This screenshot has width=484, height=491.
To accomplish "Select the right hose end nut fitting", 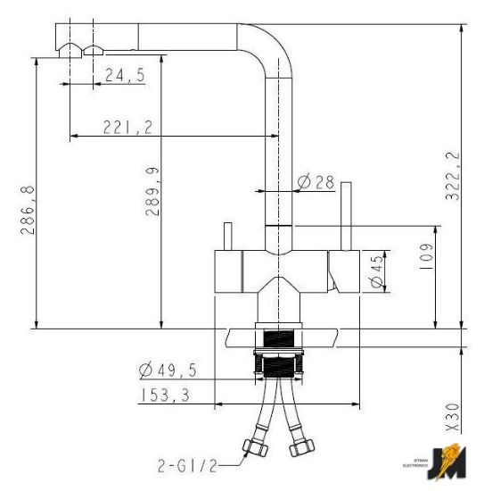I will pos(304,445).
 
